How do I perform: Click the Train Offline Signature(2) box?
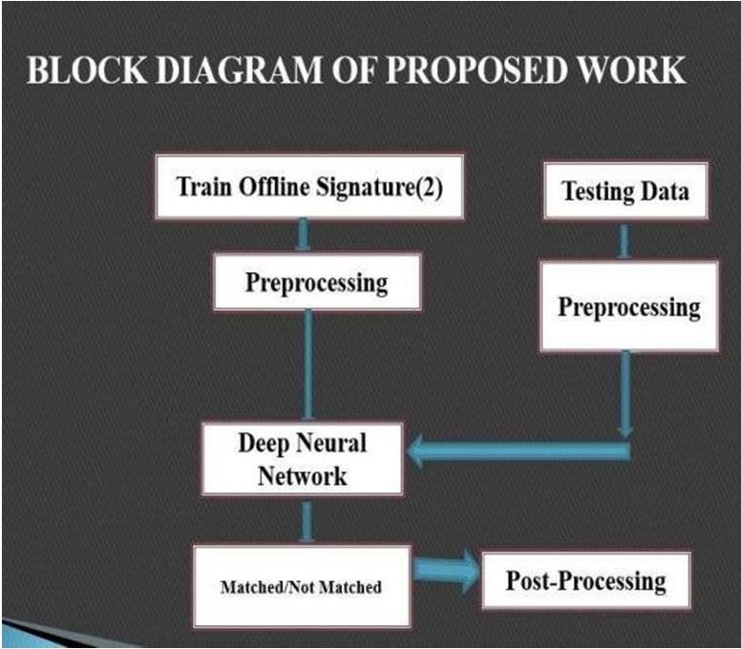pos(307,187)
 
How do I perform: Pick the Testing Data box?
pos(625,192)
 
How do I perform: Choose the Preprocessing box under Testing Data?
pos(628,307)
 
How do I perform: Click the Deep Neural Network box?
pos(302,459)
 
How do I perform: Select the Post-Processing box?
pos(585,579)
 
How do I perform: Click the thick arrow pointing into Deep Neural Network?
pos(516,450)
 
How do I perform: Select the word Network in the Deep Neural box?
pos(302,474)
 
